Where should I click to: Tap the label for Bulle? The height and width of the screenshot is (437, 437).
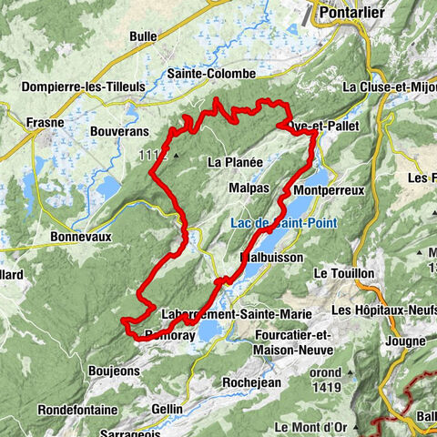coord(143,37)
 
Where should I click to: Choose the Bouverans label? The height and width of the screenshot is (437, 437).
coord(118,131)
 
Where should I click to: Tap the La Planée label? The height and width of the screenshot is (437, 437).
coord(235,162)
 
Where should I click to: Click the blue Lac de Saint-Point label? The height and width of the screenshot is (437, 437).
coord(273,222)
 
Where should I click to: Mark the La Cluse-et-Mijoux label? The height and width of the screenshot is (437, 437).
coord(388,87)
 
